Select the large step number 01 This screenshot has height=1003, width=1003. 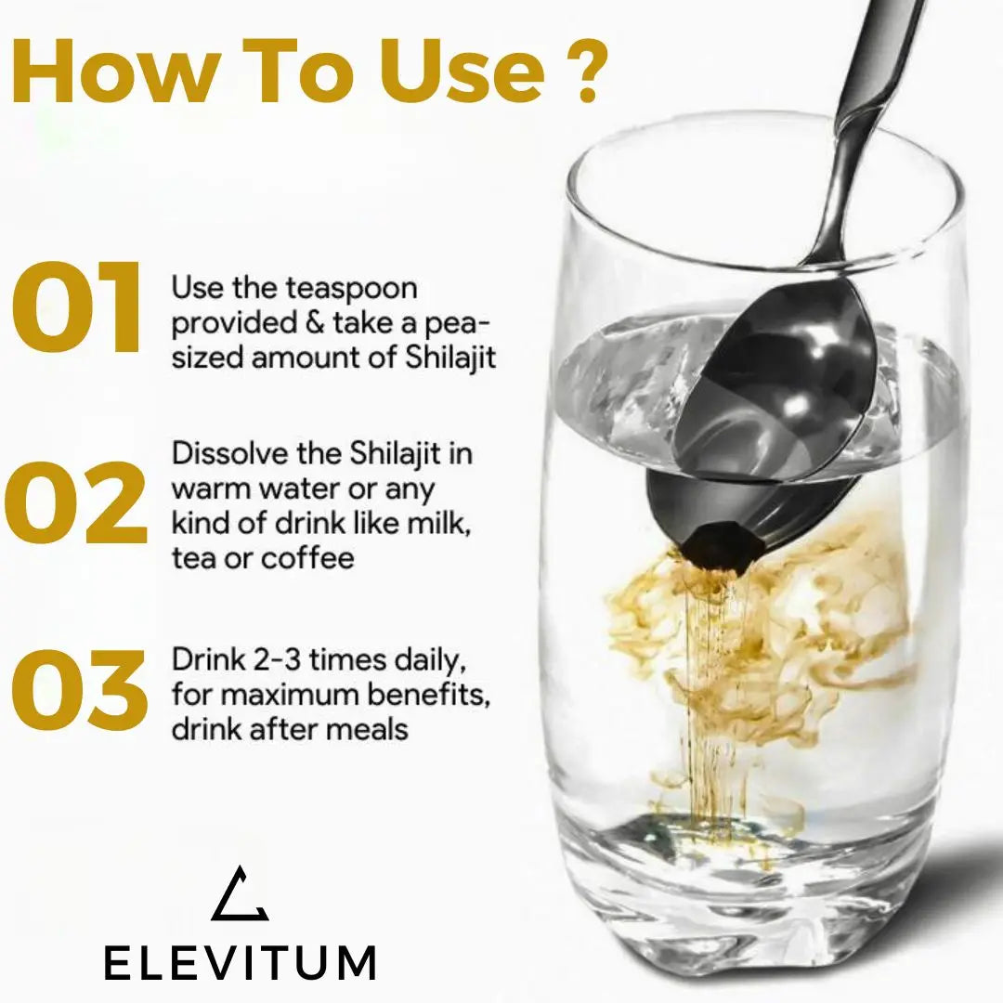[76, 306]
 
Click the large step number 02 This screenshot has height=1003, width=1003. [76, 502]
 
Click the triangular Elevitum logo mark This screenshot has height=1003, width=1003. [240, 893]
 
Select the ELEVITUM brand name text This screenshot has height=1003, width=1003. [240, 962]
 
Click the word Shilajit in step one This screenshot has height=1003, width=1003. [450, 358]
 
